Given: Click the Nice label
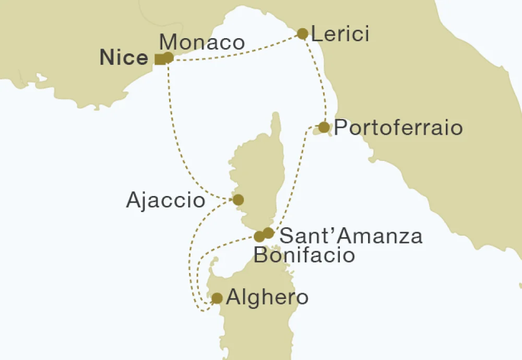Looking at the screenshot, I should (124, 57).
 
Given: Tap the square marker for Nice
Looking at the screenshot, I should (160, 59).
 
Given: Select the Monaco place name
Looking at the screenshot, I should (201, 42).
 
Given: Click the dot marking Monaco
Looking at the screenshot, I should (168, 57).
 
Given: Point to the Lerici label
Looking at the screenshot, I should (340, 34).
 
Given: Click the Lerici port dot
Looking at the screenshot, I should (302, 34).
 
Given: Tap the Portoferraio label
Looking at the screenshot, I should (398, 128).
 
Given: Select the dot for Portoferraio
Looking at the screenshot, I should (324, 127).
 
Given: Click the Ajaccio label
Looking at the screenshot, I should (165, 200).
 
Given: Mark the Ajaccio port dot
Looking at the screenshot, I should (238, 200).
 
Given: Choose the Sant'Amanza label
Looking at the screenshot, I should (351, 236).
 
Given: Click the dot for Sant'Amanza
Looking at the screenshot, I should (268, 233).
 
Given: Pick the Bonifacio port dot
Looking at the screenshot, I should (259, 237).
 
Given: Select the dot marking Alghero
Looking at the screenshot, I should (217, 298).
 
